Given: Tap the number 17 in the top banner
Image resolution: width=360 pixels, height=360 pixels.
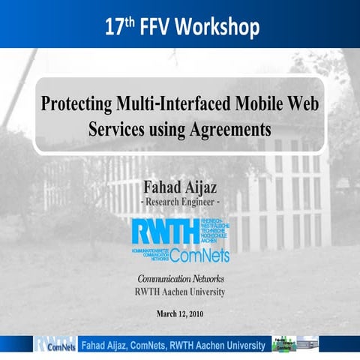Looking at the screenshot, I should pyautogui.click(x=112, y=28).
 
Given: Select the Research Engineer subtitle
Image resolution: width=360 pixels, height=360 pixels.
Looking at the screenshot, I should pyautogui.click(x=180, y=202).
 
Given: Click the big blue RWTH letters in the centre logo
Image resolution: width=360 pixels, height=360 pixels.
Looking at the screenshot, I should pyautogui.click(x=165, y=230).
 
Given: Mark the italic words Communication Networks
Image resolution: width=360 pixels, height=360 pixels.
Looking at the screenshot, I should pyautogui.click(x=180, y=280).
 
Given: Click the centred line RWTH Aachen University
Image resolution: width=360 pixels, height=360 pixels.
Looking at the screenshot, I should pyautogui.click(x=180, y=292).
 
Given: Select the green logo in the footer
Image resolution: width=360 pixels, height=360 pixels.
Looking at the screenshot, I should pyautogui.click(x=284, y=343).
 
